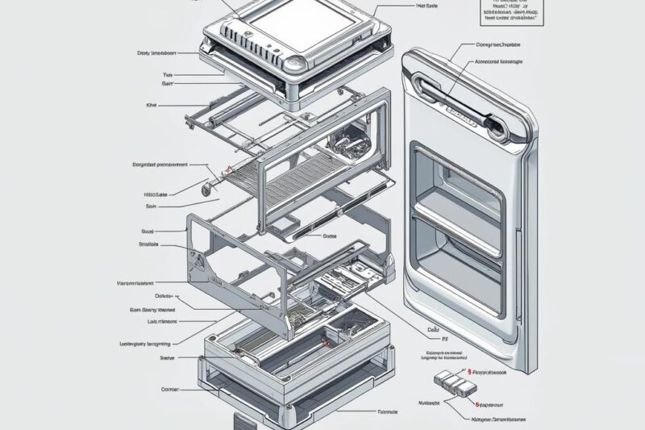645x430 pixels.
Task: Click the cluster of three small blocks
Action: coord(450,381)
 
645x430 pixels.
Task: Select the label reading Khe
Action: coord(151,104)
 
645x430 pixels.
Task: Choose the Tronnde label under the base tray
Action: coord(387,411)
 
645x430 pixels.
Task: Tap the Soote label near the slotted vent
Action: coord(329,236)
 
